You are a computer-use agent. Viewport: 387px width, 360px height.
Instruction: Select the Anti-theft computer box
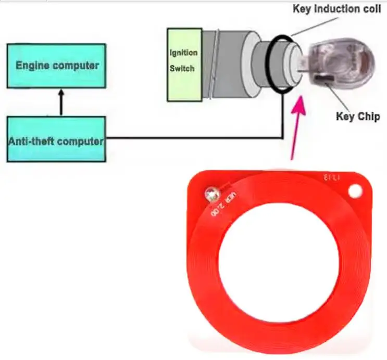57,139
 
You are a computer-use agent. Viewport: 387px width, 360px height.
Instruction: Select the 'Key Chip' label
357,117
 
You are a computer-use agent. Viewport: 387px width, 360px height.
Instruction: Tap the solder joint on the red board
211,195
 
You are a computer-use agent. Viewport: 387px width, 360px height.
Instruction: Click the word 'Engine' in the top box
35,66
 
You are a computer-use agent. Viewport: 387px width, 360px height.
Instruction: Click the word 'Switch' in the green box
182,69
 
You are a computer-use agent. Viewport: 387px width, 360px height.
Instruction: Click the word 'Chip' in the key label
369,117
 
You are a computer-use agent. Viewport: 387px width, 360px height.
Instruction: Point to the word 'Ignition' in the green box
184,53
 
